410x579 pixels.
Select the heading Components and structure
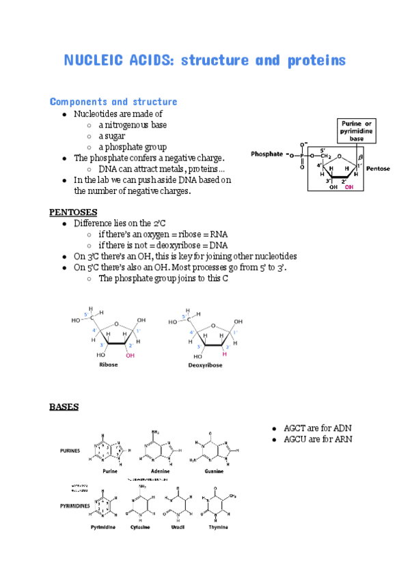[x=113, y=102]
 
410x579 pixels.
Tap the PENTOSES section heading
[x=73, y=212]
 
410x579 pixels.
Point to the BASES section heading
[x=64, y=407]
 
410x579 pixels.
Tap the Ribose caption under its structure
[x=108, y=365]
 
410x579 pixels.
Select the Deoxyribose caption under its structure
[x=205, y=365]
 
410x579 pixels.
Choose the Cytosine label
[x=141, y=528]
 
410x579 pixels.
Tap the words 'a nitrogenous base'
[x=132, y=125]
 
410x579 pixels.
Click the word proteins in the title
[x=314, y=61]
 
